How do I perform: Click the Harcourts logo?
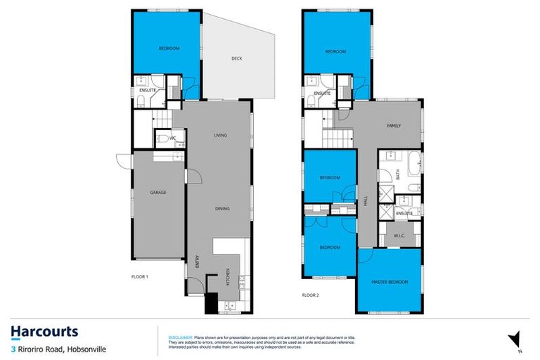click(x=44, y=333)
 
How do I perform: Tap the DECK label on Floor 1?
click(x=237, y=58)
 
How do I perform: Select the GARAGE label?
click(x=157, y=192)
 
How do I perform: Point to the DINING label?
click(x=223, y=208)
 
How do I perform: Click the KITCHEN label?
click(x=228, y=278)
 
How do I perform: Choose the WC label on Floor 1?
click(x=172, y=138)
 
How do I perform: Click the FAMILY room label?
click(x=394, y=126)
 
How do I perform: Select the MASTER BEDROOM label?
click(x=390, y=282)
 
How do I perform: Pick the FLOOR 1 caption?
click(x=141, y=277)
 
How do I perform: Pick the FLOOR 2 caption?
click(x=310, y=295)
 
